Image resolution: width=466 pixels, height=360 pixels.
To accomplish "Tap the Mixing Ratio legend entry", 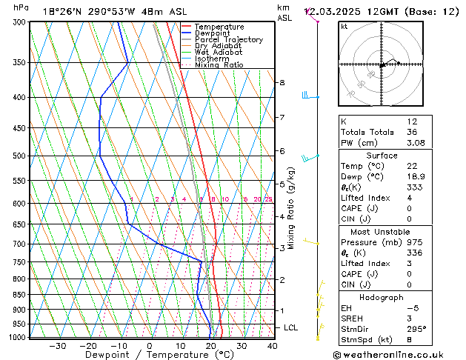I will click(219, 65).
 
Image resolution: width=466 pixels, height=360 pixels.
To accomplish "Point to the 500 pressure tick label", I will click(19, 156).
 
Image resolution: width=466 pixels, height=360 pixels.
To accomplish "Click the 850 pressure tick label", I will click(19, 295).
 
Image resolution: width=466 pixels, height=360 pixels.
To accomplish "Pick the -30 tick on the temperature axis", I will click(57, 346).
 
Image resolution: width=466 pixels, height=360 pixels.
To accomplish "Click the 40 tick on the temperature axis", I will click(272, 346).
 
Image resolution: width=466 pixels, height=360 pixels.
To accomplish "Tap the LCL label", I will click(291, 327).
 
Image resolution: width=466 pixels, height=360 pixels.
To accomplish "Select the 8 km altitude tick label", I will click(282, 82).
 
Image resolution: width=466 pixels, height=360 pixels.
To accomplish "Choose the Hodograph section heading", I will click(382, 297).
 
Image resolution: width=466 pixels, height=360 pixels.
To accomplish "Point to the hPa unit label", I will click(21, 7).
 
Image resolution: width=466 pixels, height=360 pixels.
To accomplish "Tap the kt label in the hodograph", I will click(344, 26).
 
